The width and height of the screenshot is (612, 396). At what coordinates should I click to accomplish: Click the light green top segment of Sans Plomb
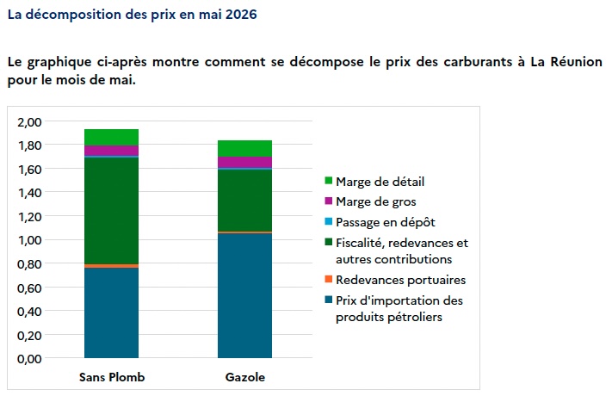click(111, 137)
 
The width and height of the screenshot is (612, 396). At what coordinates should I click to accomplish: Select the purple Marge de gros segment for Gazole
click(244, 163)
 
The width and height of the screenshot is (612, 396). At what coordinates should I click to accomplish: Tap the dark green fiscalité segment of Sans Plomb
click(111, 210)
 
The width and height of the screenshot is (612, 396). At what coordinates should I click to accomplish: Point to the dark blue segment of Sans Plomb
click(111, 312)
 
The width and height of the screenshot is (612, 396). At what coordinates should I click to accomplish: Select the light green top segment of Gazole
click(244, 148)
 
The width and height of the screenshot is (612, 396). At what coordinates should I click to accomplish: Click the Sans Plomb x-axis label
click(112, 377)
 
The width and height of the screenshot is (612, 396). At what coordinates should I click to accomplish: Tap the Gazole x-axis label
click(244, 377)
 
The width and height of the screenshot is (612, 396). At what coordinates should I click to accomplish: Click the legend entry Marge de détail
click(380, 181)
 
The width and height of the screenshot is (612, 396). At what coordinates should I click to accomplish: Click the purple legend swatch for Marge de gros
click(328, 201)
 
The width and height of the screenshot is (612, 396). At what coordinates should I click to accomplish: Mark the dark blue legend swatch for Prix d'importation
click(328, 300)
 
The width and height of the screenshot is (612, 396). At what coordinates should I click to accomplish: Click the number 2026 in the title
click(238, 15)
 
